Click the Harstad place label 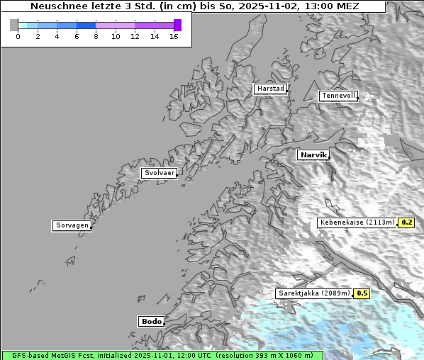[x=270, y=89]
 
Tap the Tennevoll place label [x=337, y=96]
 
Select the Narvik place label [x=313, y=154]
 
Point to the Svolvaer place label [x=159, y=173]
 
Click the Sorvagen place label [x=72, y=225]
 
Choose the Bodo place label [x=151, y=321]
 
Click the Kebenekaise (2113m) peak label [x=357, y=223]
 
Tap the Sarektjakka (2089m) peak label [x=314, y=293]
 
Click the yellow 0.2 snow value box [x=406, y=223]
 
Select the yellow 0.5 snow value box [x=362, y=293]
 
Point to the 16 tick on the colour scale [x=174, y=36]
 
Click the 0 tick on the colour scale [x=18, y=36]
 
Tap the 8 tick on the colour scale [x=96, y=36]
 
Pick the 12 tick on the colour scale [x=135, y=36]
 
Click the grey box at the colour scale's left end [x=13, y=25]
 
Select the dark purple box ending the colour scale [x=177, y=25]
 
